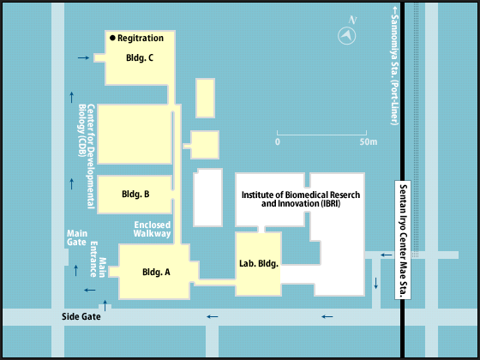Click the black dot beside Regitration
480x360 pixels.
click(112, 38)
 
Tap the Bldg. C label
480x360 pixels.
click(140, 58)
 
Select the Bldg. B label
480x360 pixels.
click(135, 194)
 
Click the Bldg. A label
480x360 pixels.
click(156, 272)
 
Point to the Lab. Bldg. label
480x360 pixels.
click(259, 263)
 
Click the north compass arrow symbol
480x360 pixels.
click(347, 35)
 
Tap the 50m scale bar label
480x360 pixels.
click(369, 142)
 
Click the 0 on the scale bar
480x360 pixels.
click(278, 142)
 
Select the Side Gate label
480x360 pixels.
click(81, 316)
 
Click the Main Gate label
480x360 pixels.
click(77, 237)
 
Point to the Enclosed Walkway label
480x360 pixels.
click(153, 229)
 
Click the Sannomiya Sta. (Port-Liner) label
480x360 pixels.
click(395, 67)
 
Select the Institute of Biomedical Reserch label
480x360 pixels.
click(301, 195)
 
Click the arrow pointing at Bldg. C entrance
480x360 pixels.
click(83, 57)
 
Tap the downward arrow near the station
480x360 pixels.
click(376, 284)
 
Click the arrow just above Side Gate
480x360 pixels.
click(105, 306)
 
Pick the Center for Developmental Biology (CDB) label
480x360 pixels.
click(87, 156)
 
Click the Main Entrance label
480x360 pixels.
click(98, 259)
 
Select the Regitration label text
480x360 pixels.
click(141, 38)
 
